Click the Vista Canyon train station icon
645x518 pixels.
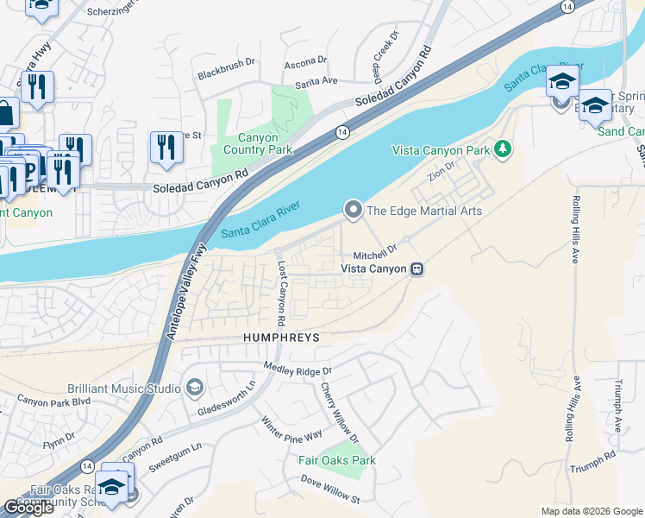coord(417,269)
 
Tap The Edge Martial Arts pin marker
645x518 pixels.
coord(353,210)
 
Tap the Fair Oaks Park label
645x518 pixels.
coord(337,460)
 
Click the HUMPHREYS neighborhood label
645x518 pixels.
coord(281,338)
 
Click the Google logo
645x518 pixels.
coord(28,508)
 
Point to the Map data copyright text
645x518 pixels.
coord(592,511)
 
